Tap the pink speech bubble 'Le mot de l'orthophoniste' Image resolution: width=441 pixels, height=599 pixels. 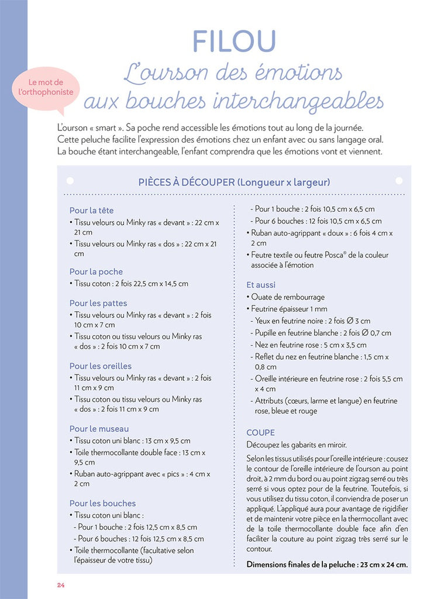[46, 88]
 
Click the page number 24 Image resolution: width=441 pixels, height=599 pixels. [61, 586]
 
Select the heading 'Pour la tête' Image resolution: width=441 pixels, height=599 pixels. [91, 211]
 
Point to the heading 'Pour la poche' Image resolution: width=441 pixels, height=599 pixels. [96, 272]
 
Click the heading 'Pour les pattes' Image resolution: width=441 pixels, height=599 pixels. [98, 304]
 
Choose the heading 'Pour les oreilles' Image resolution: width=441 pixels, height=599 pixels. [100, 366]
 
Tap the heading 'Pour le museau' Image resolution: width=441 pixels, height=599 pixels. [99, 429]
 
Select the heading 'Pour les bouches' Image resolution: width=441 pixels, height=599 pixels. [102, 503]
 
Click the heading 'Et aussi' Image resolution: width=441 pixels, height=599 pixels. [261, 285]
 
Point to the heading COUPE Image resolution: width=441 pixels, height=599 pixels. [260, 433]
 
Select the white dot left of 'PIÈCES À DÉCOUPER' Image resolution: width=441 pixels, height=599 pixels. [70, 181]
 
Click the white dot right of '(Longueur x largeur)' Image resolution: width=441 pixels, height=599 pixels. [399, 181]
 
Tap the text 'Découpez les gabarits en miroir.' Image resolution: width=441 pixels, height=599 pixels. [297, 445]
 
